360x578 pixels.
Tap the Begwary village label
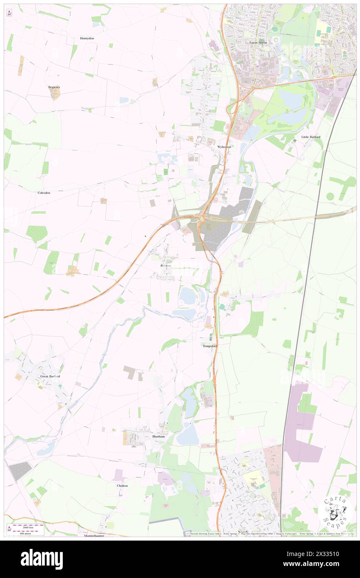coord(54,87)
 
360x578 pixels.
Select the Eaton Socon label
coord(258,42)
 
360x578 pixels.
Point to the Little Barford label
coord(311,137)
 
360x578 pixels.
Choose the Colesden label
coord(44,193)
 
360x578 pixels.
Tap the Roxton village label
coord(165,265)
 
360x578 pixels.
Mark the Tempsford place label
coord(210,346)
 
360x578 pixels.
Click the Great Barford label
coord(50,376)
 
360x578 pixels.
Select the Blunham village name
coord(159,437)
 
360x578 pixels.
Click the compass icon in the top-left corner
coord(9,13)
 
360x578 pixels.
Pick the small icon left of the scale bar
coord(9,529)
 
